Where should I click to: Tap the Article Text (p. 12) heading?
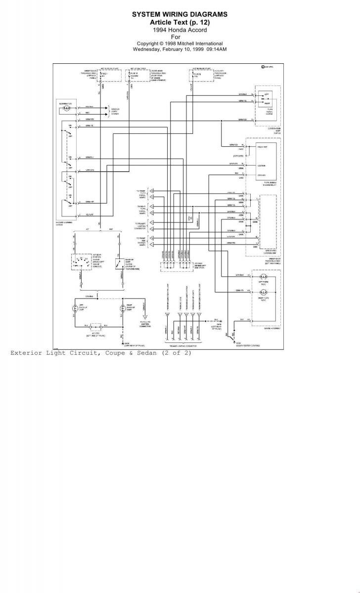[180, 23]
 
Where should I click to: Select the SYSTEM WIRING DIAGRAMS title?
[180, 15]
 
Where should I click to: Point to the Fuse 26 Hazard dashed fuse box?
[135, 76]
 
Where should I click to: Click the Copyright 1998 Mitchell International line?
[180, 43]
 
